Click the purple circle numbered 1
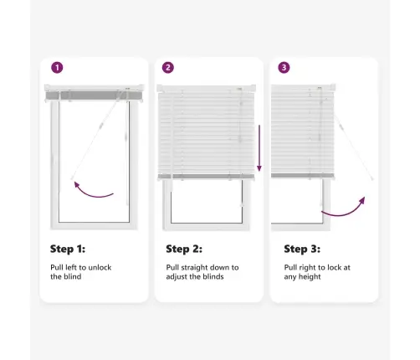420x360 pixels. point(57,68)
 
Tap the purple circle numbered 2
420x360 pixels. point(168,68)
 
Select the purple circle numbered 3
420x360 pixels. point(284,68)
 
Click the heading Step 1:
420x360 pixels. point(68,249)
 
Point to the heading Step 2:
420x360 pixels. point(184,249)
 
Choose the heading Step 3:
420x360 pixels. point(302,249)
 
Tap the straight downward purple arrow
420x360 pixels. point(259,148)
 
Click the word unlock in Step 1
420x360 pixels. point(100,267)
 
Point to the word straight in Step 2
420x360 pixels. point(194,267)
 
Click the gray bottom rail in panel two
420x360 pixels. point(207,177)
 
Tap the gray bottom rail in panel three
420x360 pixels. point(303,176)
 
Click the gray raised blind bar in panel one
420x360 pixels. point(94,95)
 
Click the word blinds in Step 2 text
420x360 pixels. point(213,276)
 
